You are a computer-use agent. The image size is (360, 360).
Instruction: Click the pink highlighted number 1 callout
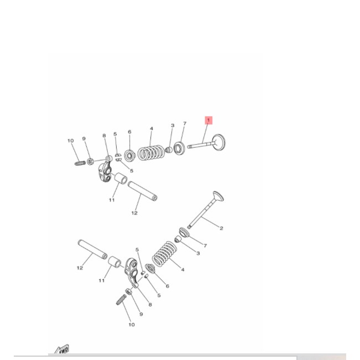point(208,120)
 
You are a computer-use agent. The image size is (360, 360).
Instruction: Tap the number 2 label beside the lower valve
point(221,228)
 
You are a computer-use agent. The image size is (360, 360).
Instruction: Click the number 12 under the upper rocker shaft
point(134,212)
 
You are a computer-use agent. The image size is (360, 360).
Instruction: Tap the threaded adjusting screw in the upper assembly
point(79,163)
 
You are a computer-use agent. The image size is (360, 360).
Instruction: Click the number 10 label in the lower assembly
point(131,325)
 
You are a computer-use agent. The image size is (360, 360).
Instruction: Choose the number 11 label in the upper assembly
point(111,200)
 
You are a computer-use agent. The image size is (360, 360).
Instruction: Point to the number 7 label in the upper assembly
point(185,124)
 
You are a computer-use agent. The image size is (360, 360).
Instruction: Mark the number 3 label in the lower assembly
point(198,254)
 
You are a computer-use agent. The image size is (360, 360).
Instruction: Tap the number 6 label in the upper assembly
point(129,132)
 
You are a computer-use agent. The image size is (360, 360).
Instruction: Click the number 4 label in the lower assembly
point(183,270)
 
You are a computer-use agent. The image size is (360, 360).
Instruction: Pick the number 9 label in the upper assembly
point(84,139)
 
